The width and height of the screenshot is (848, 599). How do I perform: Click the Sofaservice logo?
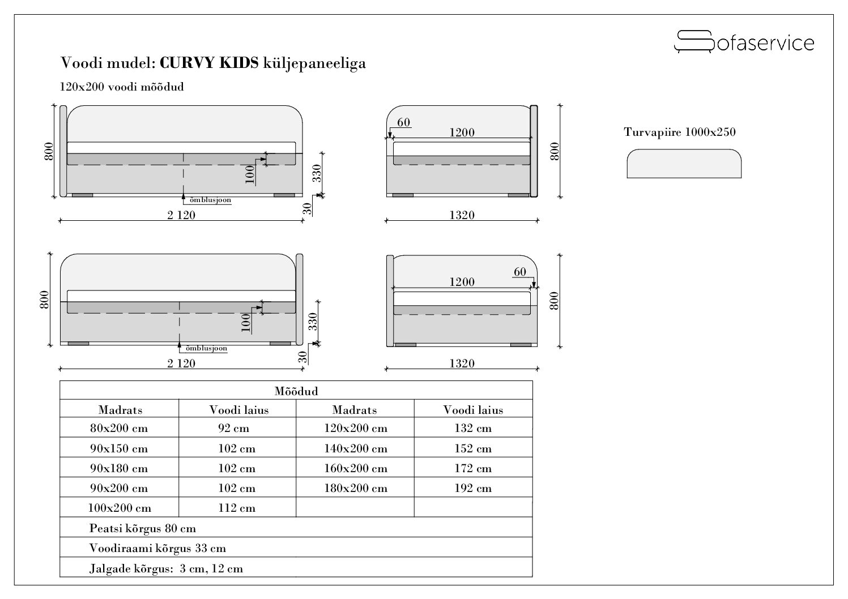[x=744, y=42]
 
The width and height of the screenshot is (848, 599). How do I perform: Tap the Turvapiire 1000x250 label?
[x=680, y=132]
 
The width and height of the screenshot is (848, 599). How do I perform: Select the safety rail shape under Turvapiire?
[x=684, y=164]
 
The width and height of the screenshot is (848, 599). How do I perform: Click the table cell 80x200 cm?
[x=119, y=429]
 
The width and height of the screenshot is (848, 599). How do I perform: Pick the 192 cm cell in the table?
[x=473, y=488]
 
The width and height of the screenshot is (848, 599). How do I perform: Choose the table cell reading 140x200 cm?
[x=355, y=449]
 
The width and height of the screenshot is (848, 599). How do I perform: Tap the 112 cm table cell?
[x=237, y=508]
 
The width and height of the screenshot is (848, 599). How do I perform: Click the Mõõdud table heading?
[x=296, y=391]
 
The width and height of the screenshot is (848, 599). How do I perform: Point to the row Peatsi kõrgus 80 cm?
[x=143, y=528]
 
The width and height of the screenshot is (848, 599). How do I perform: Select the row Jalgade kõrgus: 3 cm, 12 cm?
[x=166, y=568]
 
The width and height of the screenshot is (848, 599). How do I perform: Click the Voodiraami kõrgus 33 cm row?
[x=157, y=548]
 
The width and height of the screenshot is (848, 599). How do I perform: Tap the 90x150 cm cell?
[x=119, y=449]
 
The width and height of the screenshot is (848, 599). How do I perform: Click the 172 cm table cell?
[x=473, y=469]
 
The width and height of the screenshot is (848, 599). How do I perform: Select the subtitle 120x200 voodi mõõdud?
[x=122, y=87]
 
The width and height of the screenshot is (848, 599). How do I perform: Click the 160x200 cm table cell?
[x=355, y=469]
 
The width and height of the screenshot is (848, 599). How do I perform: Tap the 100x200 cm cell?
[x=119, y=508]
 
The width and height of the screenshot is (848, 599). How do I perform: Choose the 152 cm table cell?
[x=473, y=449]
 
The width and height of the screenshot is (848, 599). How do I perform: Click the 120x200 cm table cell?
[x=355, y=429]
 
